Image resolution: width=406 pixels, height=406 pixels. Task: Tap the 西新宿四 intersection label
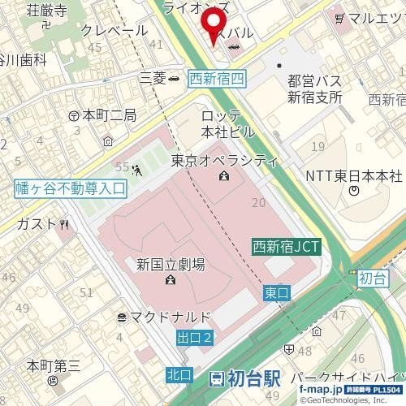[x=216, y=80]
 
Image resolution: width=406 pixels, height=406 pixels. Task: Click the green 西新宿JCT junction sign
[x=286, y=246]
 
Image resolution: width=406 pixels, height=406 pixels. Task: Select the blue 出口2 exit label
[x=194, y=336]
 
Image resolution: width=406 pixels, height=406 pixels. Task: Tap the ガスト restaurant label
[x=37, y=223]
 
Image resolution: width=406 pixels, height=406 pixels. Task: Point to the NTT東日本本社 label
[x=354, y=176]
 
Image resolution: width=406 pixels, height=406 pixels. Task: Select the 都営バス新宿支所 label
[x=315, y=89]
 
